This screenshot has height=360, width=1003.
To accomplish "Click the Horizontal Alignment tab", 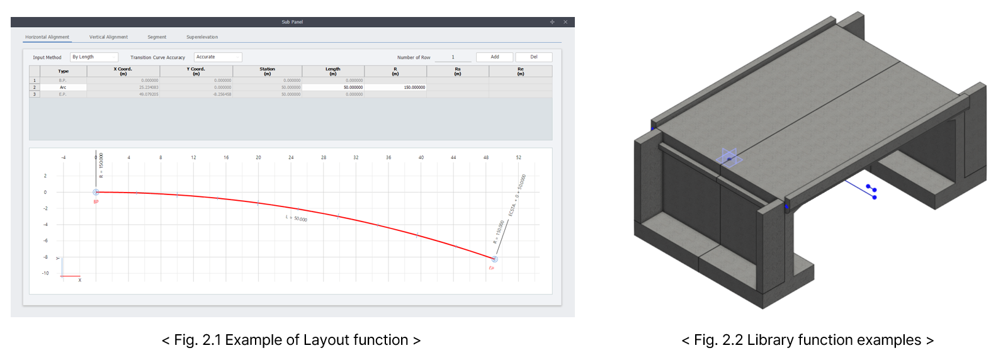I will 47,37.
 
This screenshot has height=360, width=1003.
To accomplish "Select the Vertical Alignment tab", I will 108,37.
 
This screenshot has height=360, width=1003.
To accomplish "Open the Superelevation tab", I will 202,37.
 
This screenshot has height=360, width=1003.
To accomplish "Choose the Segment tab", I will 157,37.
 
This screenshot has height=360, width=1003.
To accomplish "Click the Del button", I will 533,57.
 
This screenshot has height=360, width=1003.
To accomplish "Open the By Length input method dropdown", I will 94,57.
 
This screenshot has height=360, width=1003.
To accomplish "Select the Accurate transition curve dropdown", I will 218,57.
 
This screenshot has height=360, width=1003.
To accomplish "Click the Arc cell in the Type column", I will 63,87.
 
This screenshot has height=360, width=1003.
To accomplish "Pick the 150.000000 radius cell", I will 395,87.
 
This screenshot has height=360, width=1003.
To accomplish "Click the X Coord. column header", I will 123,71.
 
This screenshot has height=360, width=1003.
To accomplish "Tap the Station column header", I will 267,71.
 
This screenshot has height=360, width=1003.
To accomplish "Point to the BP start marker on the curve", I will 96,192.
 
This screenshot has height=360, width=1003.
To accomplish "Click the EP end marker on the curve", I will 494,259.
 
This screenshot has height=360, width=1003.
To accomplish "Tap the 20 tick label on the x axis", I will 258,157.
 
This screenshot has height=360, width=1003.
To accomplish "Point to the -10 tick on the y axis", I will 45,273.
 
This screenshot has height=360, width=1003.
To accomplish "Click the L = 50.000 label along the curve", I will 297,218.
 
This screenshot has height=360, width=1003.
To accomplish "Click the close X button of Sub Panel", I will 565,22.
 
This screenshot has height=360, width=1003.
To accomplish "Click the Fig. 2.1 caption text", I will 291,340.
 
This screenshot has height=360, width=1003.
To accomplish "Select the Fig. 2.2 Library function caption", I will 807,340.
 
